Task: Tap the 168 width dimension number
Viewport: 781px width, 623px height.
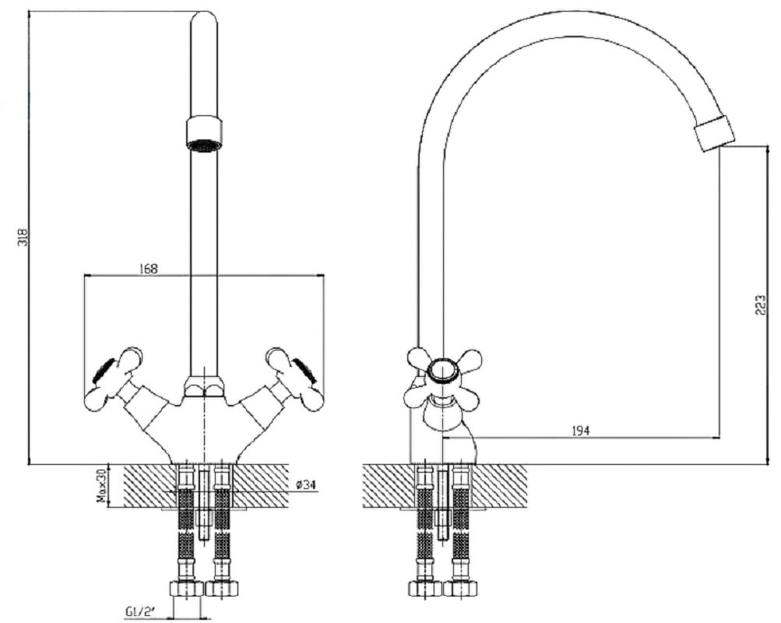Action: (147, 269)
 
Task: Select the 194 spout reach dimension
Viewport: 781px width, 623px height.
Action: (580, 431)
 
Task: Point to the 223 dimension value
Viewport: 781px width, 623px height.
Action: (760, 304)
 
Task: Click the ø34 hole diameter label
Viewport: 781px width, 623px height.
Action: (304, 484)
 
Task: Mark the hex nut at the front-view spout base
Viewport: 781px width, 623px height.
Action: (204, 386)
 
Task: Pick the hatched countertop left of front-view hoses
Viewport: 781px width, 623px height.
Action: (147, 486)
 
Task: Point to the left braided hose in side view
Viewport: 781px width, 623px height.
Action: (425, 528)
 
